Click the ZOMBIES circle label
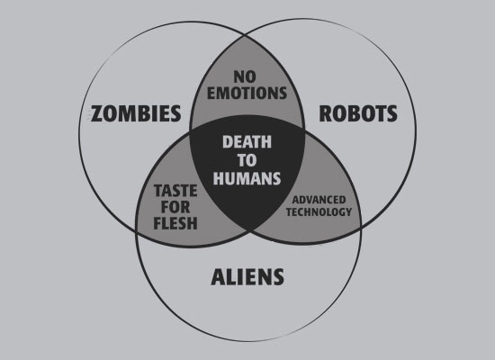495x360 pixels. pyautogui.click(x=136, y=113)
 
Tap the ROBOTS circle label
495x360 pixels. pyautogui.click(x=358, y=113)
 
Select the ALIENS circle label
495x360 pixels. pyautogui.click(x=247, y=277)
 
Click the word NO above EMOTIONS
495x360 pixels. pyautogui.click(x=245, y=76)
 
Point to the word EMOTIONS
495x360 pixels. pyautogui.click(x=247, y=93)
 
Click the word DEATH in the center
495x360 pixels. pyautogui.click(x=247, y=142)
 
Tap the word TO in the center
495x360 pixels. pyautogui.click(x=247, y=160)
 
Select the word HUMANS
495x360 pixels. pyautogui.click(x=247, y=178)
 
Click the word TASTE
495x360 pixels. pyautogui.click(x=175, y=191)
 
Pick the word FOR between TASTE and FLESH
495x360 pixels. pyautogui.click(x=175, y=207)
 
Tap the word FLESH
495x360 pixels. pyautogui.click(x=175, y=223)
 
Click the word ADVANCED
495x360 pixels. pyautogui.click(x=319, y=200)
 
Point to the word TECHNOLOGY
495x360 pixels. pyautogui.click(x=319, y=211)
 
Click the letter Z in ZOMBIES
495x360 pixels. pyautogui.click(x=97, y=113)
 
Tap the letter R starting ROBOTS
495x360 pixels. pyautogui.click(x=326, y=113)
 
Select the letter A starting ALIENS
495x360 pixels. pyautogui.click(x=218, y=277)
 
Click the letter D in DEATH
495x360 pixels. pyautogui.click(x=228, y=142)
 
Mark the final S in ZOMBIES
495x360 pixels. pyautogui.click(x=175, y=113)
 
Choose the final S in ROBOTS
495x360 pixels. pyautogui.click(x=391, y=113)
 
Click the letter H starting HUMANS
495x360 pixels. pyautogui.click(x=219, y=178)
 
